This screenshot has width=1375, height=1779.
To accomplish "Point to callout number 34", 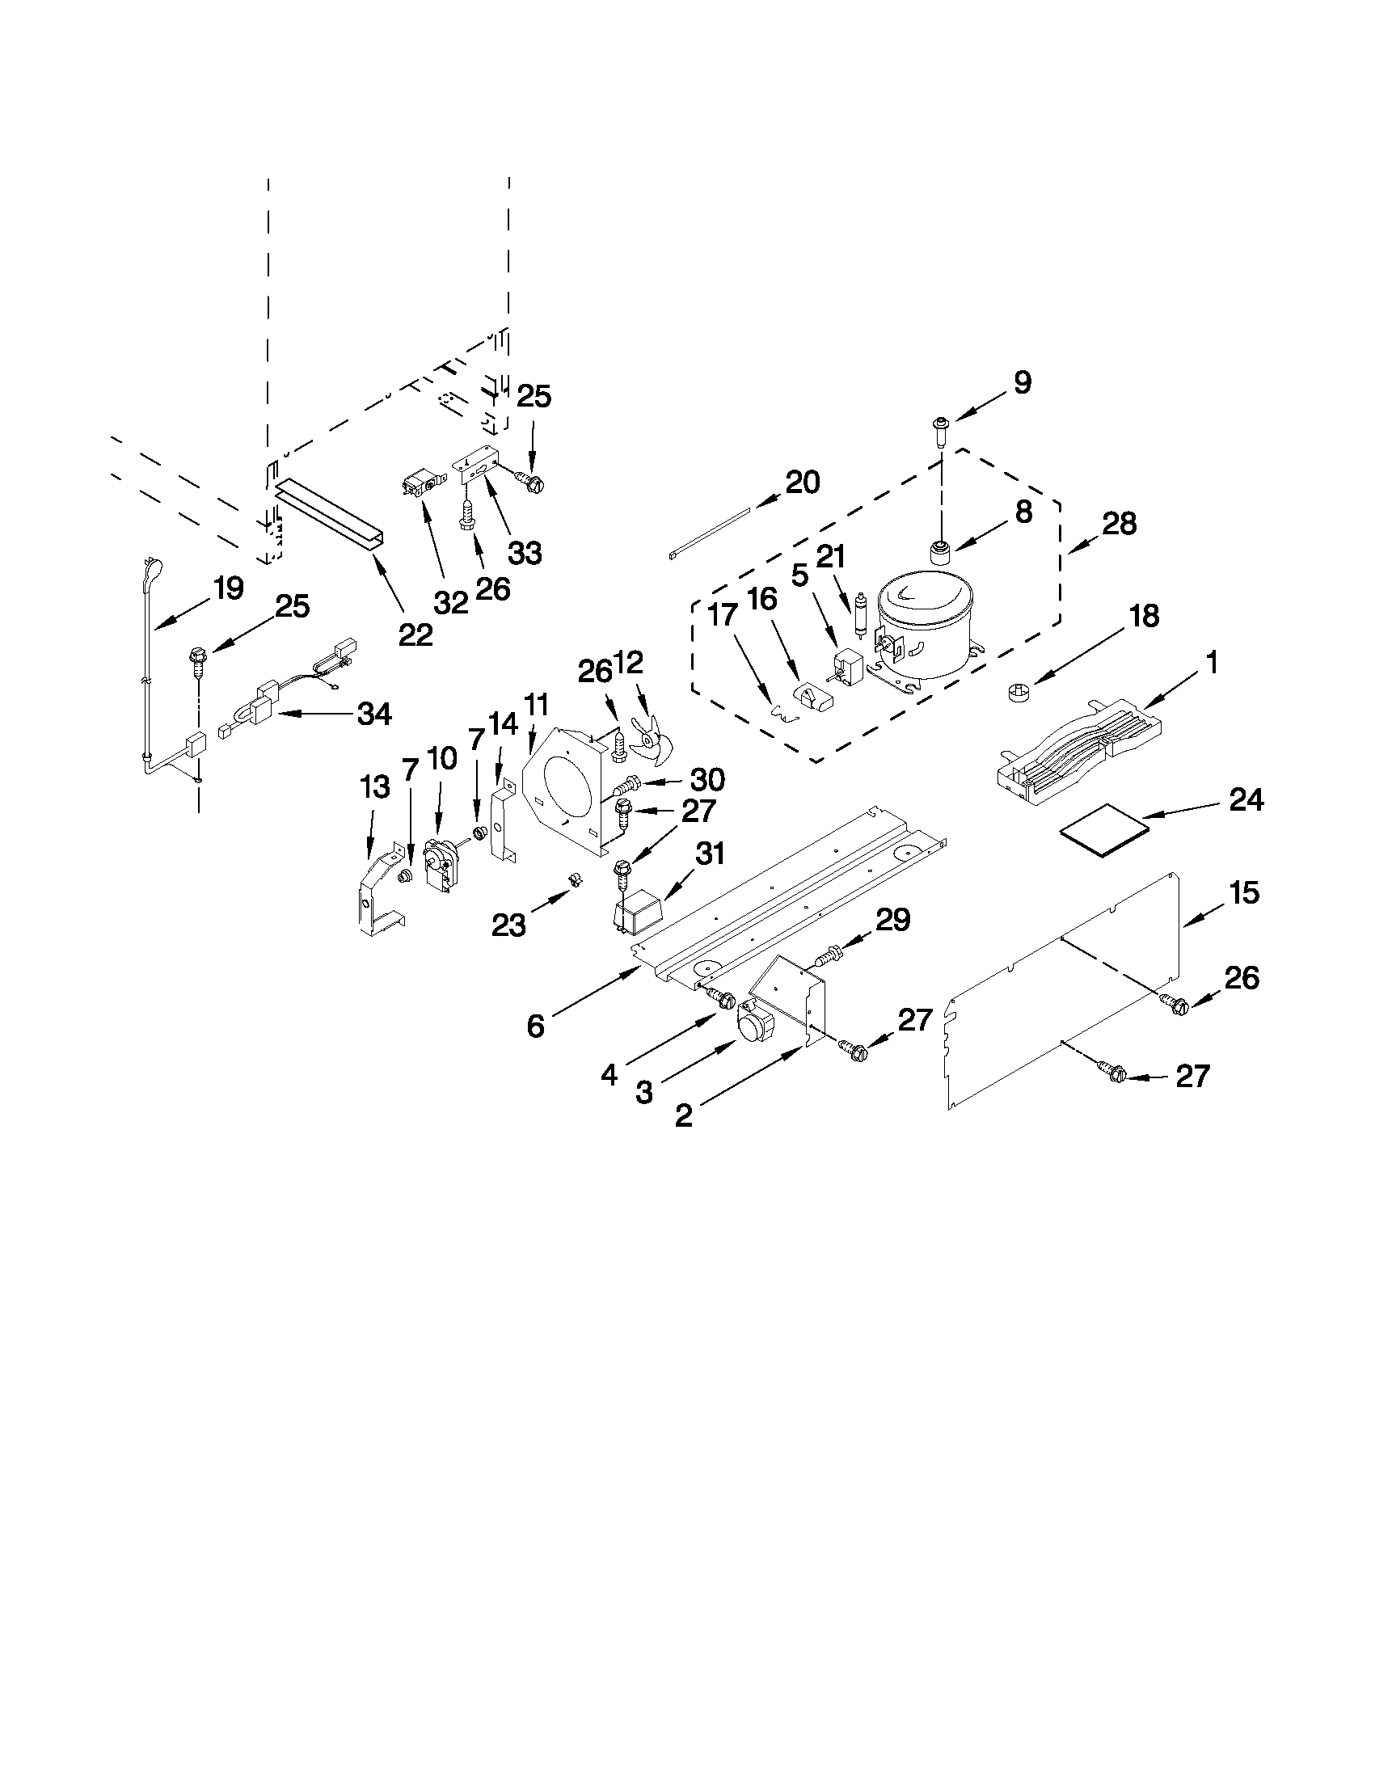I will coord(374,715).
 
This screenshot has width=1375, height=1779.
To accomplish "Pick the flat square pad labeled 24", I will coord(1103,839).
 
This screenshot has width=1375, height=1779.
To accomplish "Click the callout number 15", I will coord(1244,893).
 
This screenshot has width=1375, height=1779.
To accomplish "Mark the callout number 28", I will coord(1119,523).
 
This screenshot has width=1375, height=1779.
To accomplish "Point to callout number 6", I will coord(534,1027).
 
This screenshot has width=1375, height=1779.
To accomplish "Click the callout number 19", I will coord(229,588).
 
